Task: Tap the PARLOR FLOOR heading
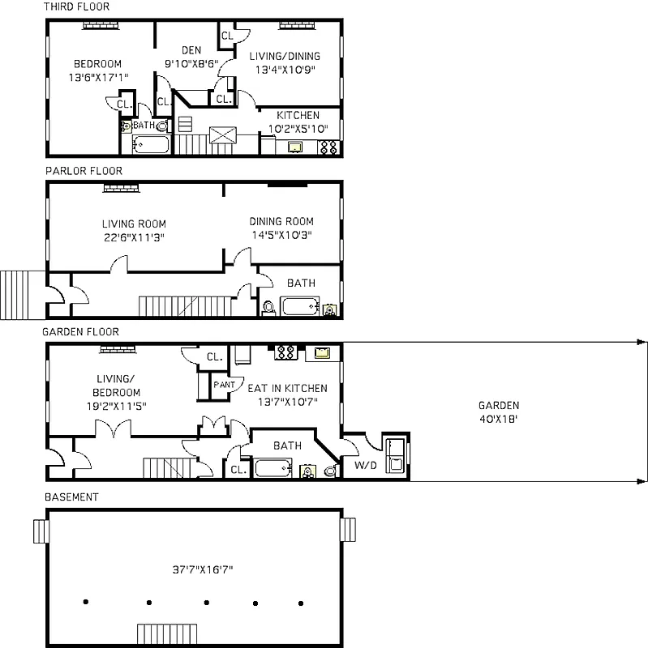coord(83,171)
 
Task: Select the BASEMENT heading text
coord(71,497)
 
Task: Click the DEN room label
coord(191,50)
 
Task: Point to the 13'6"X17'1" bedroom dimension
coord(97,77)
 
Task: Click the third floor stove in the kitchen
coord(329,147)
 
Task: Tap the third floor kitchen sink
coord(295,147)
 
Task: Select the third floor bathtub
coord(150,146)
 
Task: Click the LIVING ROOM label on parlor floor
coord(134,224)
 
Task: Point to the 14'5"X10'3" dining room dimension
coord(281,235)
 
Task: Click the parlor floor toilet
coord(268,308)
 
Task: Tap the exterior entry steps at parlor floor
coord(16,294)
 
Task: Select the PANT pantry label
coord(224,384)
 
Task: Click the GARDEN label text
coord(498,406)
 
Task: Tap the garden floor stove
coord(285,352)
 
